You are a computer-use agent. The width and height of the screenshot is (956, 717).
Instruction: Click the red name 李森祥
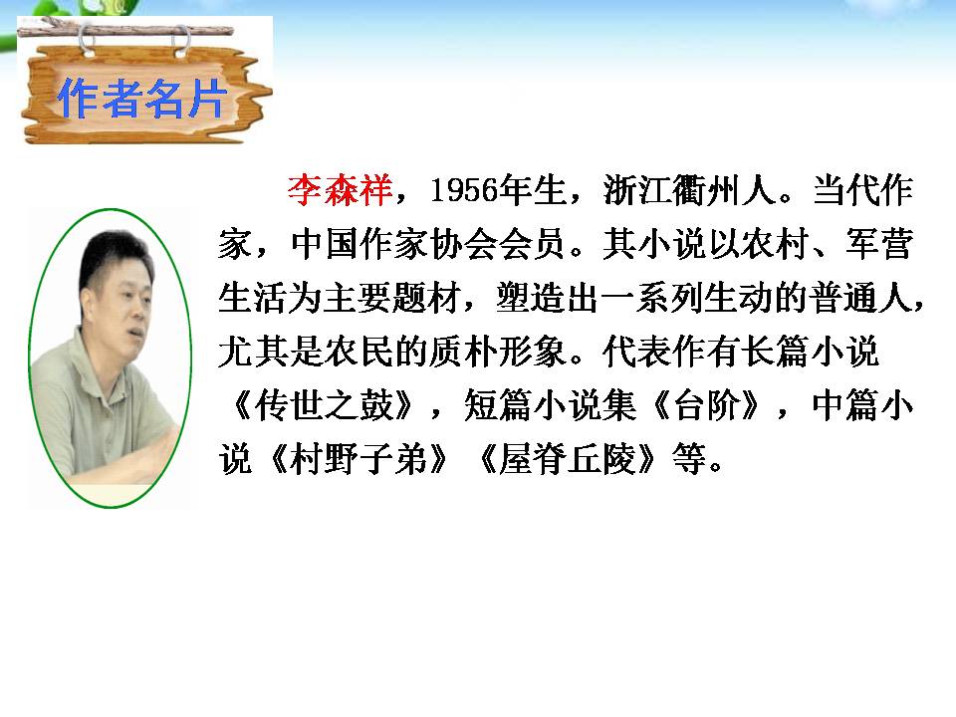click(x=341, y=189)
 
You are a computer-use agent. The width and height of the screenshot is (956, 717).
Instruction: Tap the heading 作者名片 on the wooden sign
click(x=141, y=101)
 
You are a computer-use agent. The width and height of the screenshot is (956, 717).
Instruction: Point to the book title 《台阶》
click(x=718, y=409)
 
